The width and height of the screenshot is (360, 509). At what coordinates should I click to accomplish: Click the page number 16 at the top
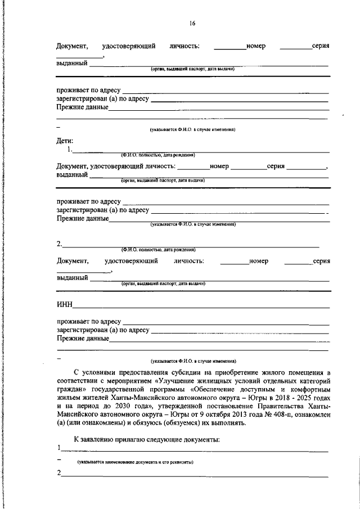tap(192, 23)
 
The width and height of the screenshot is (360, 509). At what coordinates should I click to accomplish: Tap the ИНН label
tap(65, 304)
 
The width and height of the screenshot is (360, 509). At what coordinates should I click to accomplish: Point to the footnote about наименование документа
tap(135, 462)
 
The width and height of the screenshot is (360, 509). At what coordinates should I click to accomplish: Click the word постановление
tap(231, 406)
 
